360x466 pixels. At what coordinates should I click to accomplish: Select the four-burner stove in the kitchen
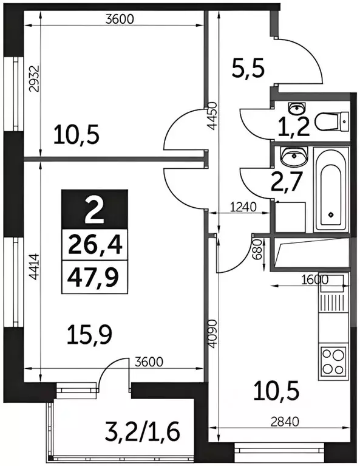pyautogui.click(x=332, y=361)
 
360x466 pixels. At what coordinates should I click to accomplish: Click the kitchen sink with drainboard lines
pyautogui.click(x=332, y=303)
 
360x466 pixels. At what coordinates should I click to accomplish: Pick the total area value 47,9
pyautogui.click(x=94, y=278)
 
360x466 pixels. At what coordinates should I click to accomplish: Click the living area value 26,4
pyautogui.click(x=94, y=246)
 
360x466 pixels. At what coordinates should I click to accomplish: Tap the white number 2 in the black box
pyautogui.click(x=94, y=212)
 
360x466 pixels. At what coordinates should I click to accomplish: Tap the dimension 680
pyautogui.click(x=258, y=250)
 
